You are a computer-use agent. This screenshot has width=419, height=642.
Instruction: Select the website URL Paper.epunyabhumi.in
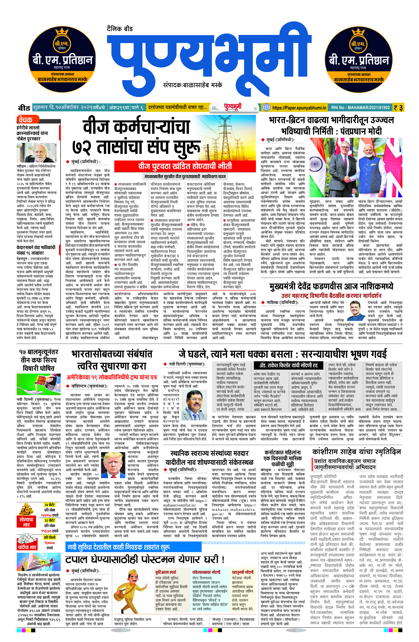click(x=299, y=108)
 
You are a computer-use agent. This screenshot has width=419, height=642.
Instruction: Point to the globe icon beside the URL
click(x=266, y=107)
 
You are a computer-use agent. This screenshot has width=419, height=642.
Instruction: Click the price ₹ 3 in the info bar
click(x=398, y=108)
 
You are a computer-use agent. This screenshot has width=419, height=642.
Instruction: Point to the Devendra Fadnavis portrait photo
click(x=356, y=310)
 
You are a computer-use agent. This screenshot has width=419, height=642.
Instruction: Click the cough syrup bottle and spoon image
click(x=39, y=384)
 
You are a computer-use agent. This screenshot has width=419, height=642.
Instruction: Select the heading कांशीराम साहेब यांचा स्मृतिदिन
click(x=356, y=452)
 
